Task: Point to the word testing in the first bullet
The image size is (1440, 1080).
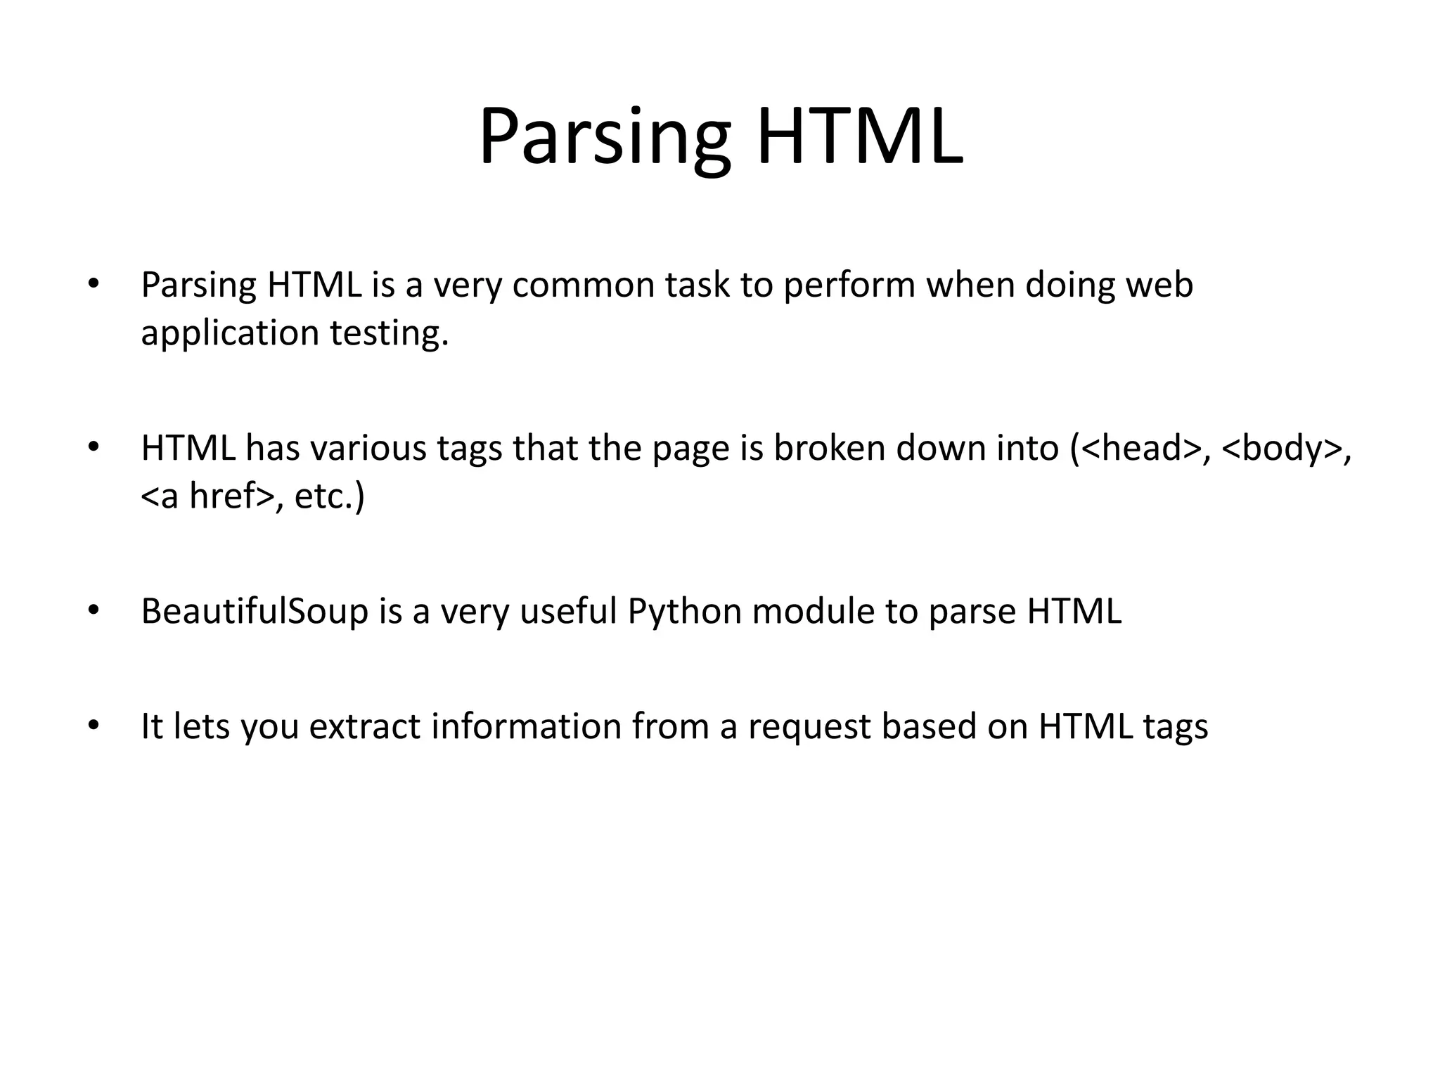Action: [388, 333]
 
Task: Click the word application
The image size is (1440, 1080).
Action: [230, 333]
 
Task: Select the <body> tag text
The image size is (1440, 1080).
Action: [1282, 449]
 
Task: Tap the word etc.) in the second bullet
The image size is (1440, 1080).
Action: [329, 496]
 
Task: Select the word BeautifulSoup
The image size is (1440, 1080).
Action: [255, 612]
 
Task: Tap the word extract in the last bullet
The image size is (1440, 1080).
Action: [365, 726]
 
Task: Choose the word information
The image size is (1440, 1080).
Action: [527, 726]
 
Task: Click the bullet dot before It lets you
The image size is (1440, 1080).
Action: [92, 725]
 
